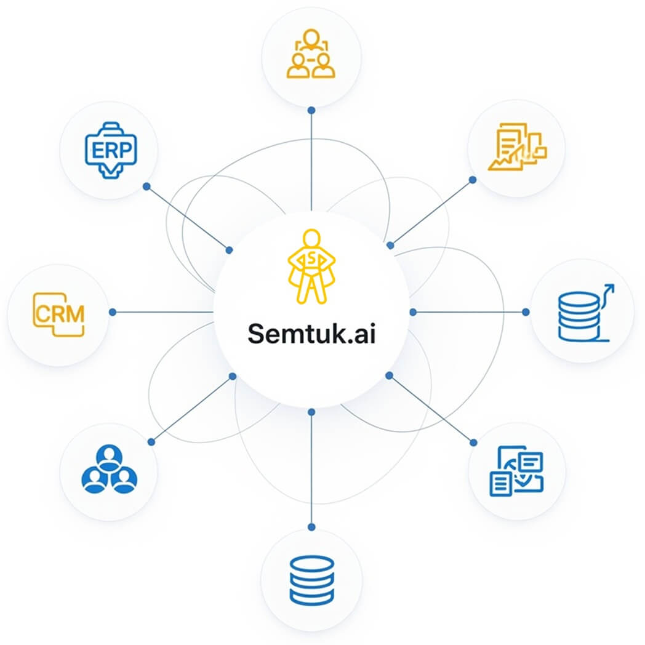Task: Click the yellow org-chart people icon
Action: pos(311,55)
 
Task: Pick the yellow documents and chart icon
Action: pos(517,147)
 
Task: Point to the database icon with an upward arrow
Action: pos(582,313)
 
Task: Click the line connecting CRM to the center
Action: pos(163,312)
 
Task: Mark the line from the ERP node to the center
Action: pos(188,218)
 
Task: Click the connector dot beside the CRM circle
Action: pos(113,312)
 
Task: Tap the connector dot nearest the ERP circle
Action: pos(146,186)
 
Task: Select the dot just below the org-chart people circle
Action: pos(311,110)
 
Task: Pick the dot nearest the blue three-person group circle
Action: pos(151,441)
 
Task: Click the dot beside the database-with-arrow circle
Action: pos(526,312)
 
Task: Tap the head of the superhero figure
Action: pos(311,238)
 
